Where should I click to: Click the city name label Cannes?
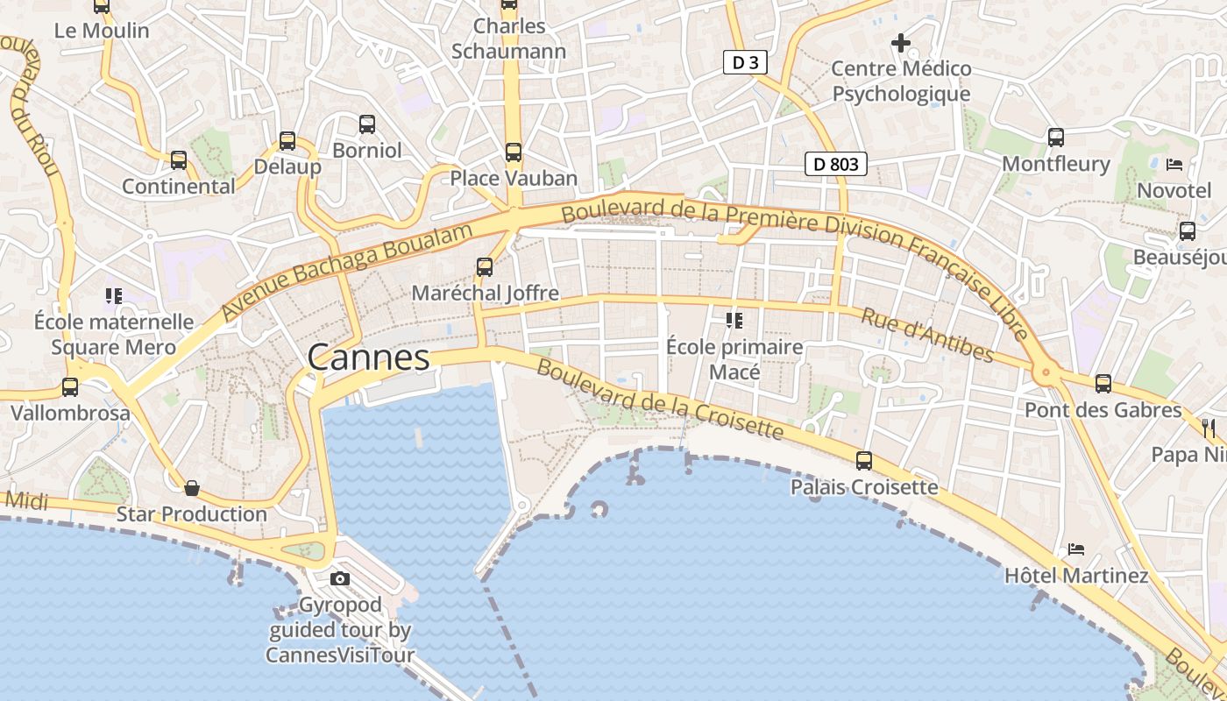tap(368, 358)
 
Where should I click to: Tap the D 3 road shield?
tap(746, 62)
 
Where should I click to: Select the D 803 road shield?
tap(836, 163)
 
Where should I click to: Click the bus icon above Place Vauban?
tap(514, 152)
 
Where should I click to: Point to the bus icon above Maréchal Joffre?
tap(485, 266)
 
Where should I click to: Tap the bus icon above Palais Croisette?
tap(864, 460)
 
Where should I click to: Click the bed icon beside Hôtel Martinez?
tap(1076, 549)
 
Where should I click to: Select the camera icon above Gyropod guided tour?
tap(340, 578)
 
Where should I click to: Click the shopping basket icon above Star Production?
tap(192, 487)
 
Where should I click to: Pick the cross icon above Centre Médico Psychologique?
tap(901, 42)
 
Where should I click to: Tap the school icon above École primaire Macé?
tap(734, 321)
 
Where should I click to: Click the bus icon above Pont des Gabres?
tap(1103, 383)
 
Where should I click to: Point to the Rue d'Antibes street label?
tap(927, 335)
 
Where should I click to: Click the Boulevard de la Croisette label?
tap(659, 400)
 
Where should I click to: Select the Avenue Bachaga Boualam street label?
tap(347, 272)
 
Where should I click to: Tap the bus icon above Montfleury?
tap(1056, 137)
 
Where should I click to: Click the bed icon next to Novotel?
tap(1174, 164)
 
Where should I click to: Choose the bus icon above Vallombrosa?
tap(70, 386)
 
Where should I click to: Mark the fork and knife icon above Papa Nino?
tap(1209, 428)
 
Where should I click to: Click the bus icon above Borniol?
tap(367, 124)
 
